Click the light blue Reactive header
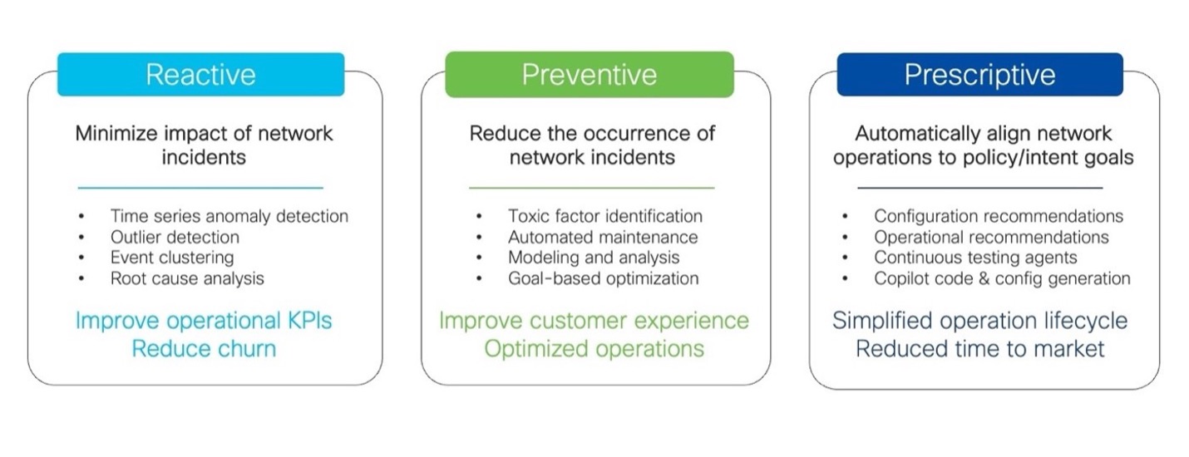pos(200,74)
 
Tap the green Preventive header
pos(590,74)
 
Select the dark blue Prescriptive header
pos(979,74)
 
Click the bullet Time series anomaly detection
pos(229,216)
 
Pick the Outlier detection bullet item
pos(175,237)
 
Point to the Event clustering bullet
pos(172,258)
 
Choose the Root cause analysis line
pos(187,278)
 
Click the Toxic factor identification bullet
pos(605,216)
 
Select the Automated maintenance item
pos(603,237)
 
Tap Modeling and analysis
pos(594,258)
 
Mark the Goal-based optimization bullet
pos(604,278)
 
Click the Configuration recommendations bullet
pos(999,216)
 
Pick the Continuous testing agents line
pos(975,258)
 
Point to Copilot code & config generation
pos(1002,278)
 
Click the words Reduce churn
pos(204,349)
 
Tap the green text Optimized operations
pos(594,349)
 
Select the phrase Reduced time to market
pos(979,349)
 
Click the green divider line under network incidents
pos(591,188)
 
